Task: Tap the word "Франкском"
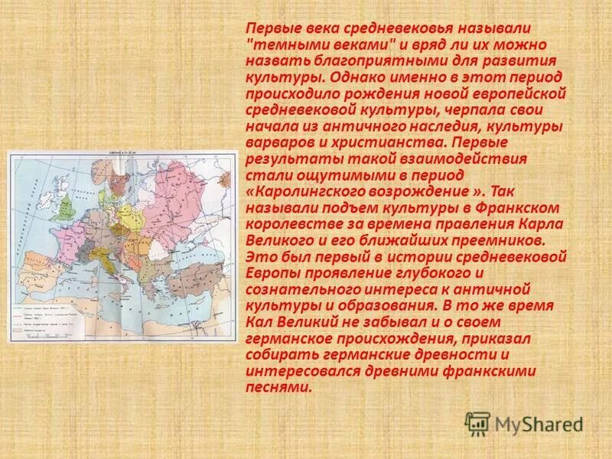point(521,208)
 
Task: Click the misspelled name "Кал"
point(259,323)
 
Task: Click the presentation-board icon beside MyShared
point(477,423)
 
